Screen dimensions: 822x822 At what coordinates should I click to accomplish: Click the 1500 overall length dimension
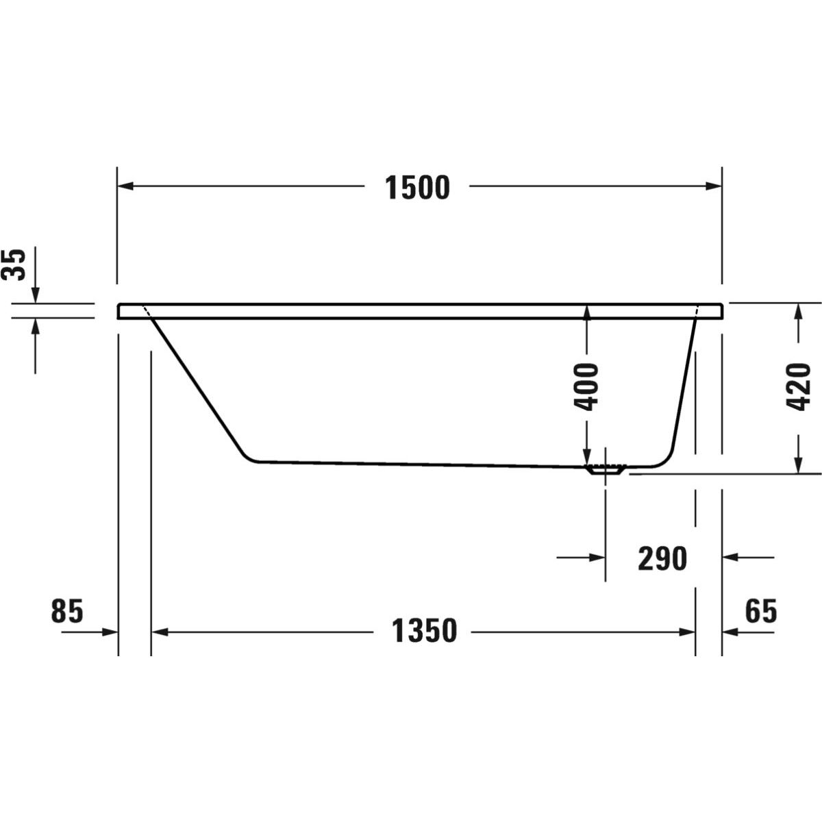[x=417, y=188]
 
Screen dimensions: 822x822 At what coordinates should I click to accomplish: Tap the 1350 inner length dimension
[x=424, y=632]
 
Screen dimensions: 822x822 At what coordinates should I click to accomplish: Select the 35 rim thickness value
[x=14, y=265]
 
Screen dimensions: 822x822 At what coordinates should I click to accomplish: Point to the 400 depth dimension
[x=586, y=387]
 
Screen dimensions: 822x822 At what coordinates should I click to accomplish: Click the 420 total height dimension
[x=798, y=387]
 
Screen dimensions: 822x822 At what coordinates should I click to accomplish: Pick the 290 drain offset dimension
[x=662, y=559]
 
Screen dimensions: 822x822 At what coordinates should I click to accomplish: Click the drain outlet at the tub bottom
[x=606, y=469]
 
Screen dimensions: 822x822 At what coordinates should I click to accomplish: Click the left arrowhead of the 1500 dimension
[x=125, y=186]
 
